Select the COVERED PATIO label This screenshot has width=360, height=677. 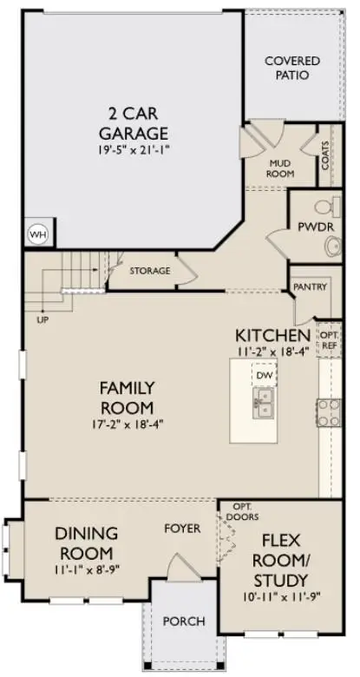click(x=291, y=68)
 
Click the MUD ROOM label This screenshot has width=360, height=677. click(x=280, y=168)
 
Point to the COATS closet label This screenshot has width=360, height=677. click(x=324, y=161)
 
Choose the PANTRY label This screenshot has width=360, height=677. click(x=310, y=286)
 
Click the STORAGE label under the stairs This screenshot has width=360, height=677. click(x=150, y=271)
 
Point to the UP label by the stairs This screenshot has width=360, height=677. click(x=43, y=319)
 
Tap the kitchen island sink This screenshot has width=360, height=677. click(x=263, y=400)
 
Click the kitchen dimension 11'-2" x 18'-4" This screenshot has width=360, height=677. click(x=272, y=352)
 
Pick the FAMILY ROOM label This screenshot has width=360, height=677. click(x=126, y=398)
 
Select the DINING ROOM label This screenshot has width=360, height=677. click(x=85, y=542)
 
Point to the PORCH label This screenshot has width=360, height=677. click(x=184, y=621)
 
